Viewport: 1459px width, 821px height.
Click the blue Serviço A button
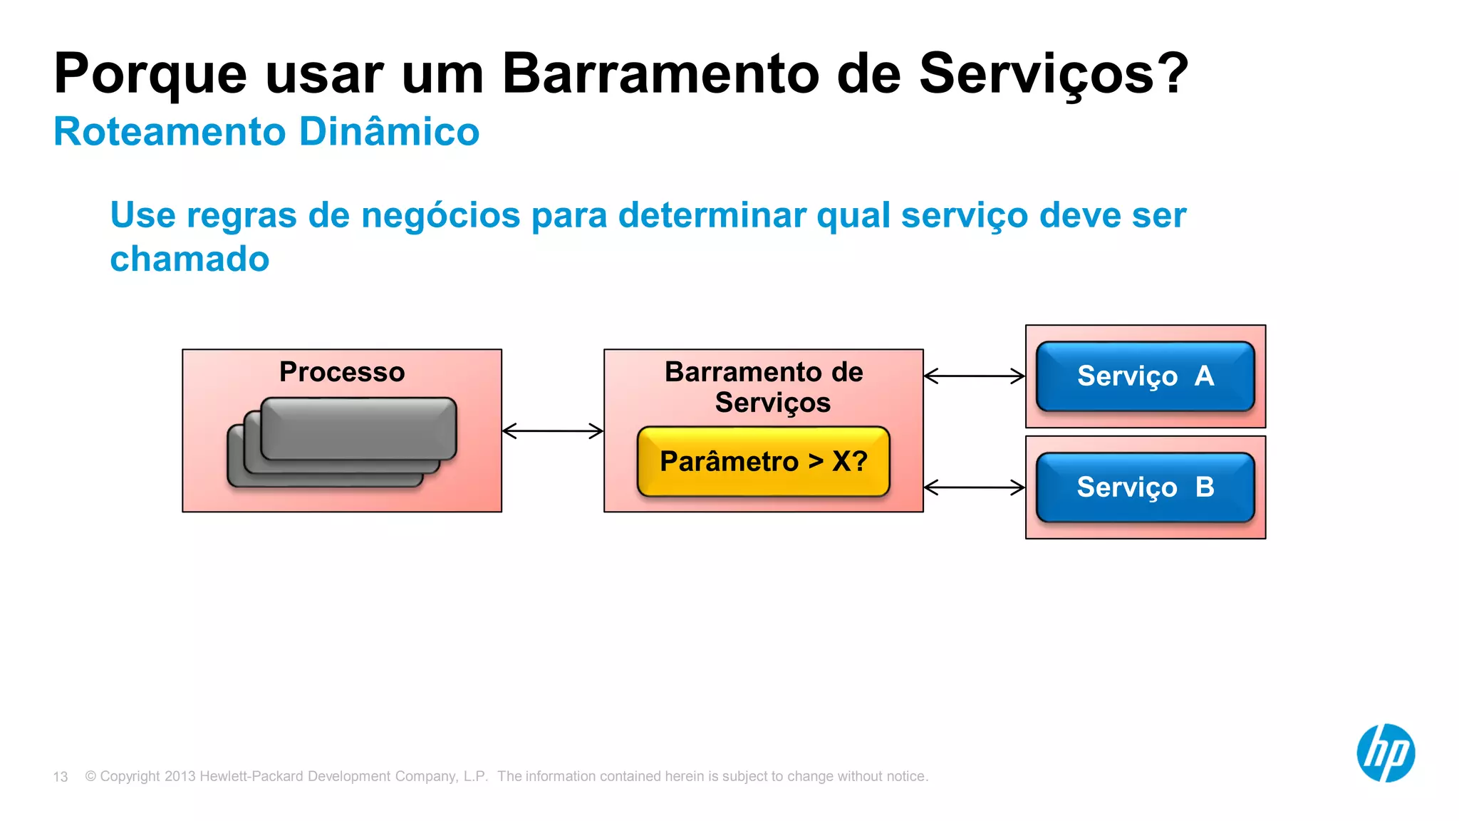(x=1145, y=376)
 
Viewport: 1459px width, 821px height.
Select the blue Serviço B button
(x=1145, y=487)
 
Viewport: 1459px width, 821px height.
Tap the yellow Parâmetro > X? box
(x=763, y=462)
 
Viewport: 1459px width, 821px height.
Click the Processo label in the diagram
(x=342, y=372)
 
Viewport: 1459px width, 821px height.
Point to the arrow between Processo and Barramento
(x=553, y=430)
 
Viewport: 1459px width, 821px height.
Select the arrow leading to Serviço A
(x=974, y=376)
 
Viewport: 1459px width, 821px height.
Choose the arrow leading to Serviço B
(x=974, y=487)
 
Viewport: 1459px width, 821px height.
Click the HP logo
(x=1385, y=753)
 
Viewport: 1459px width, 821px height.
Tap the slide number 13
(x=61, y=777)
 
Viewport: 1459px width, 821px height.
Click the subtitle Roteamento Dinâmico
(x=266, y=132)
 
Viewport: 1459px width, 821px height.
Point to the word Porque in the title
(x=150, y=74)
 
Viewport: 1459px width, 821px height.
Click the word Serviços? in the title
(x=1054, y=74)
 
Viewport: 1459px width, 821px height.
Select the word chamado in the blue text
(x=189, y=259)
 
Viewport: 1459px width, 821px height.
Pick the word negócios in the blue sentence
(x=441, y=215)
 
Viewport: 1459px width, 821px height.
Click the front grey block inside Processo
(x=358, y=428)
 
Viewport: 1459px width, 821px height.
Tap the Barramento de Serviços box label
(x=764, y=387)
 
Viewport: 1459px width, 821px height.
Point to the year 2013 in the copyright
(x=180, y=776)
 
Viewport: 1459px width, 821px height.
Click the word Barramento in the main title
(x=660, y=74)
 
